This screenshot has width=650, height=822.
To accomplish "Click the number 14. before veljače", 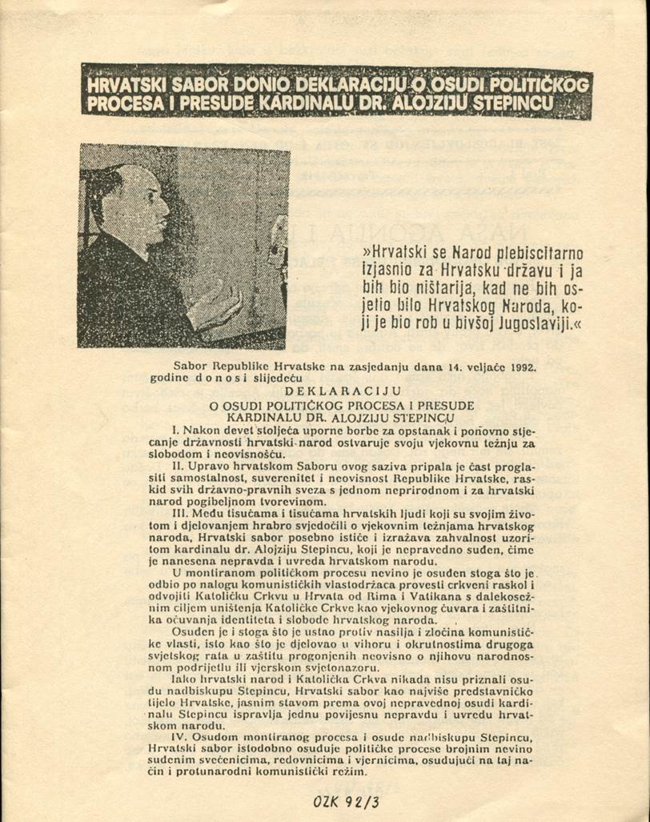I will [x=458, y=368].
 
